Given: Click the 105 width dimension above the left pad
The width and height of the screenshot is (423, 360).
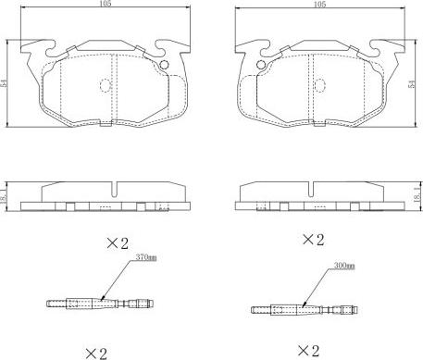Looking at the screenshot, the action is point(106,4).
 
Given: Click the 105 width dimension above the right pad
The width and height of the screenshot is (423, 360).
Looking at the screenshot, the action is point(320,5).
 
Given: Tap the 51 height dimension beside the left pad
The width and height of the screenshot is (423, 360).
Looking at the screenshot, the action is point(4,83).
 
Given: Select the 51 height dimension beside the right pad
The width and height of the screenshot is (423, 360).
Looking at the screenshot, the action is point(412,84).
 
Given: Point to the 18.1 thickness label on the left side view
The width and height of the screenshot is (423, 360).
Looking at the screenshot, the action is point(3,196).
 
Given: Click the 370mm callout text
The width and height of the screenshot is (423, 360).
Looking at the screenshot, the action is point(146,257).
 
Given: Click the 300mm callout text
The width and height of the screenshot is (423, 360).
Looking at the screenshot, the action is point(344,266).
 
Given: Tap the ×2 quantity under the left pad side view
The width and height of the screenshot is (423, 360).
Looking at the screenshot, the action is point(118,243).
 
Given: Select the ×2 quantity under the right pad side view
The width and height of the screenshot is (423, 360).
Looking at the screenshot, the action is point(314,240).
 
